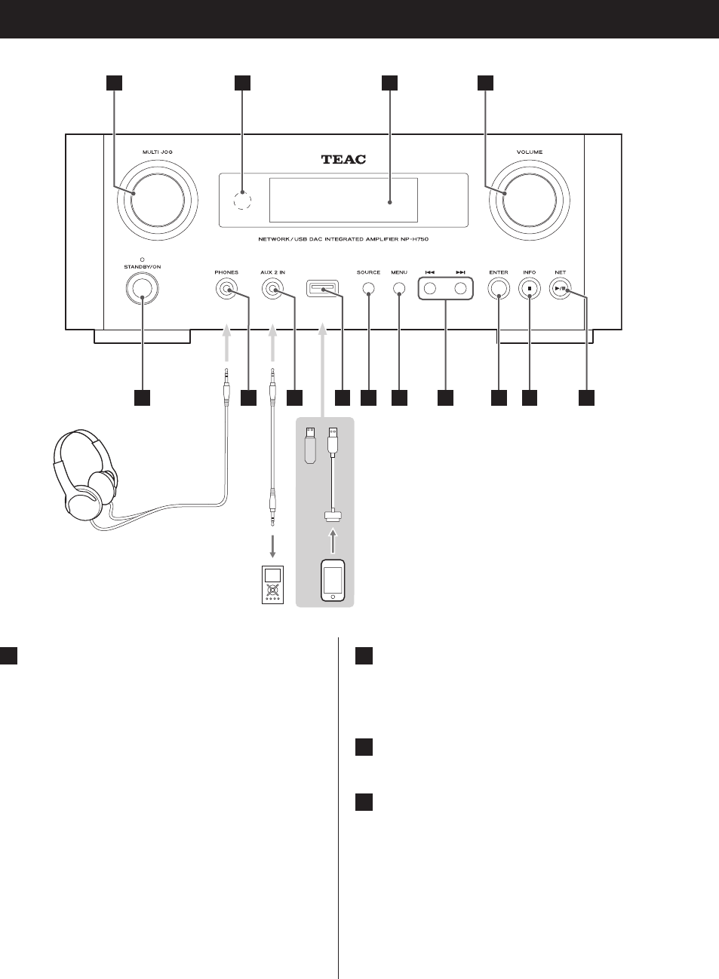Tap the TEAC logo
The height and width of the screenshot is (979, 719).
pos(343,159)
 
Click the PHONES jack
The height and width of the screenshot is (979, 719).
pos(226,289)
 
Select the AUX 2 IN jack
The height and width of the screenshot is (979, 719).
pos(272,289)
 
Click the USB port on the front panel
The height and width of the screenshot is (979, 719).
pos(322,288)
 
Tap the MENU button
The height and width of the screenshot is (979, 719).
pos(399,288)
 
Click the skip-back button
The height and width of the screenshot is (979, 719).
pos(430,288)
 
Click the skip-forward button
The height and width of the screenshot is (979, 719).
pos(460,288)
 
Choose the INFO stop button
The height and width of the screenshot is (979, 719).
pos(530,288)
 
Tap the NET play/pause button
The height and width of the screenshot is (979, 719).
pos(560,288)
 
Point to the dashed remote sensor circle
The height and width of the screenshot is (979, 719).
pos(241,201)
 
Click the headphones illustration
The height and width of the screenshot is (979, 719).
pos(83,479)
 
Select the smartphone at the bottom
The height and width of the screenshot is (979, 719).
pos(333,580)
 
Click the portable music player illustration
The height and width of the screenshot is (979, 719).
pos(272,584)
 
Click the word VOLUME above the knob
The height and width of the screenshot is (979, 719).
pos(529,152)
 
